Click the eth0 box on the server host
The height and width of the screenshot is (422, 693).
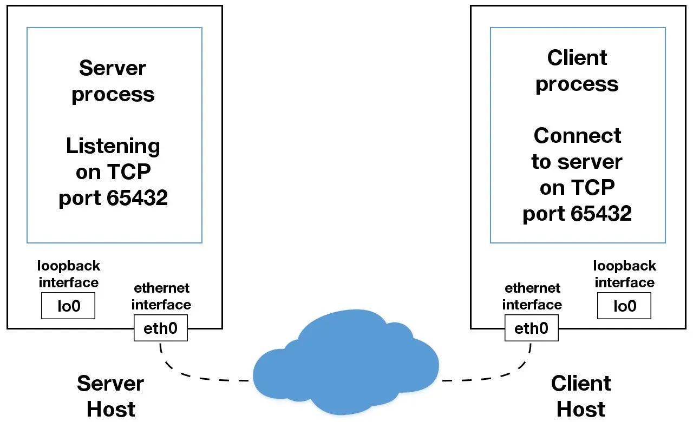160,328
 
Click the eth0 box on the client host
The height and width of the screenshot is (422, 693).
531,328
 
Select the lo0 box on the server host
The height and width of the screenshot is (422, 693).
68,306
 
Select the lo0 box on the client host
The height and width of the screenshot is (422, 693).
624,306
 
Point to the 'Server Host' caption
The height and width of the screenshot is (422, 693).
110,396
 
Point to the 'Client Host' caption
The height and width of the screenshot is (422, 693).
581,396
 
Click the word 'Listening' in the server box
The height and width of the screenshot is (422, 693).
113,146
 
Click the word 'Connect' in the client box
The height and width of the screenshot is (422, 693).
577,135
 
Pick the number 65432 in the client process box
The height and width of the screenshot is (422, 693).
602,214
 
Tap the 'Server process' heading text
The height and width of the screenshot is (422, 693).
113,81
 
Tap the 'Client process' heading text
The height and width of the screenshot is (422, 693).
577,70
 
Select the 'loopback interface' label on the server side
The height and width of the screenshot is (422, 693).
69,274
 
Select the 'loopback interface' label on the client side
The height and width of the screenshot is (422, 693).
624,274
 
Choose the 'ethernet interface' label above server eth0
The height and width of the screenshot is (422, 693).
161,296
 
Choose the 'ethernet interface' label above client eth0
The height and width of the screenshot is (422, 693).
532,296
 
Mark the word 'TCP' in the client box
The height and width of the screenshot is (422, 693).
594,187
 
